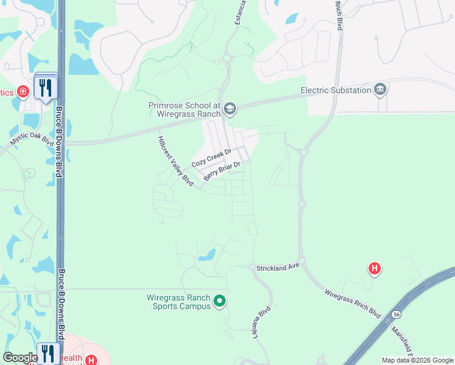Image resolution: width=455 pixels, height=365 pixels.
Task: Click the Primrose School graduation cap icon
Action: (x=229, y=109)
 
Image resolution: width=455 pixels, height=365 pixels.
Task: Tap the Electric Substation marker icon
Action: (x=381, y=90)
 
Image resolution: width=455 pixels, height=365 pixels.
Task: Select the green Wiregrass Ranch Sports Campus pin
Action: (x=220, y=301)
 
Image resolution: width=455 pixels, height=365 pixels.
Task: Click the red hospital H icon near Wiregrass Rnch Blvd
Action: (x=375, y=268)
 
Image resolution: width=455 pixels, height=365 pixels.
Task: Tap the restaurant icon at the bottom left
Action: (x=47, y=353)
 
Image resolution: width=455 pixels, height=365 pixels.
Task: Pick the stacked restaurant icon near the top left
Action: (x=46, y=88)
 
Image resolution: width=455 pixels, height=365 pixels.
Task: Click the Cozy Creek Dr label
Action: (x=212, y=158)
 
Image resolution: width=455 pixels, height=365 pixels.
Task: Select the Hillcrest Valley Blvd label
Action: (x=175, y=161)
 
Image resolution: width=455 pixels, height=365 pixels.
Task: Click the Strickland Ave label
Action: (x=278, y=267)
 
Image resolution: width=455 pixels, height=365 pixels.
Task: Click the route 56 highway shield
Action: (x=397, y=314)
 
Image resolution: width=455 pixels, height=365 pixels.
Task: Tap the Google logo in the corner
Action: (x=19, y=358)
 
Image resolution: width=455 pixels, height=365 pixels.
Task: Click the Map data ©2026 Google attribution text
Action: (x=417, y=360)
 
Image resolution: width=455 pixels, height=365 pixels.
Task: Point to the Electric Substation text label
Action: (x=336, y=90)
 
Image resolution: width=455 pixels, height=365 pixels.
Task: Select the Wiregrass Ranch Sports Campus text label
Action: (x=179, y=302)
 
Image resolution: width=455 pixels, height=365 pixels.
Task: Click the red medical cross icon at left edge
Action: (x=23, y=92)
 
